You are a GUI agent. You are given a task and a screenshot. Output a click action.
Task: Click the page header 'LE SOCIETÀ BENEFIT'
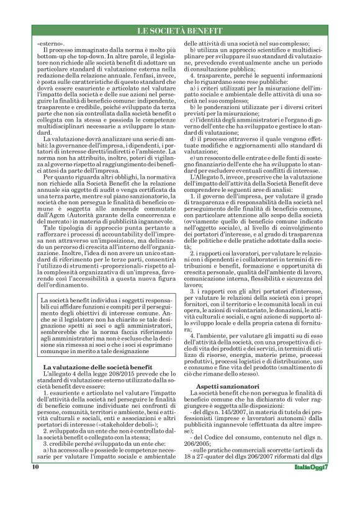(180, 31)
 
